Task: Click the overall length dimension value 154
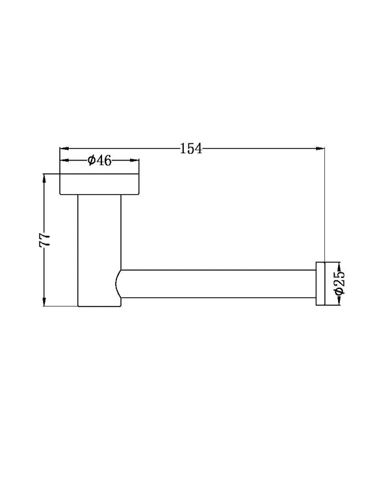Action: (x=192, y=149)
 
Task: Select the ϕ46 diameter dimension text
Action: (x=99, y=160)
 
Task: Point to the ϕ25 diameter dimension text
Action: (x=339, y=283)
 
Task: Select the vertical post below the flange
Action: (x=99, y=247)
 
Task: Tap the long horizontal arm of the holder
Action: (x=218, y=283)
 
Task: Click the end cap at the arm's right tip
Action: (x=320, y=283)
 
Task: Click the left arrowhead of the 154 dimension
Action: (x=64, y=149)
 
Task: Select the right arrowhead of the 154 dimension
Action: (x=320, y=149)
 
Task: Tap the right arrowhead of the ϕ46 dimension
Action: (x=135, y=160)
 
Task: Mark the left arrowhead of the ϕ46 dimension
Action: (x=64, y=160)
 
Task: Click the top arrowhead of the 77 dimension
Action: (x=44, y=177)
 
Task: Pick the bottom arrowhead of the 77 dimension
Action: (x=44, y=301)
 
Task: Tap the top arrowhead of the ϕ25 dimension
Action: (x=339, y=265)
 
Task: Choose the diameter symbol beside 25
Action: (x=339, y=292)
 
